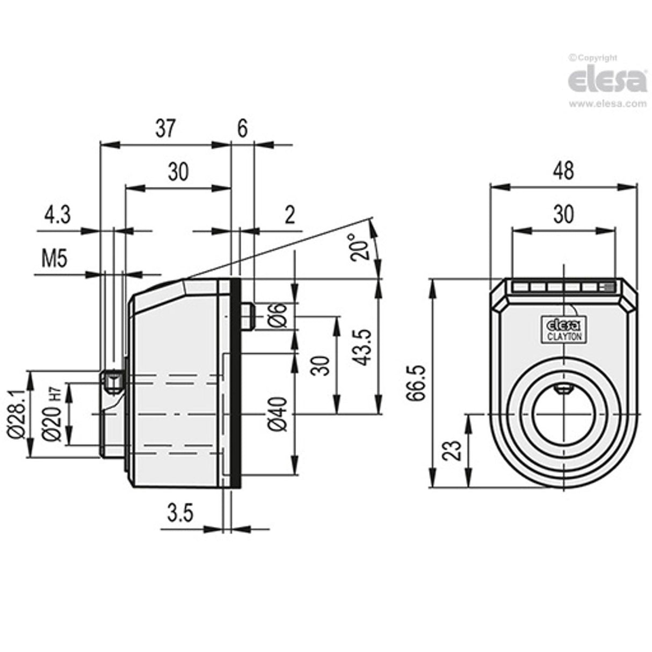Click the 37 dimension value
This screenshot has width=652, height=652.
166,129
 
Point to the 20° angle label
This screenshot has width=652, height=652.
359,247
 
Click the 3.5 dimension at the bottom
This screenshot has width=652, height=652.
179,513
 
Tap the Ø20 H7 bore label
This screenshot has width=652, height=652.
53,414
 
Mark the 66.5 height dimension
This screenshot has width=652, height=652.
416,383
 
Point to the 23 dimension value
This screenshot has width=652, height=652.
453,450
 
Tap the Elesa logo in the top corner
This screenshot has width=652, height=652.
607,81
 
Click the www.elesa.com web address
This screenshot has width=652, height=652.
607,104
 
